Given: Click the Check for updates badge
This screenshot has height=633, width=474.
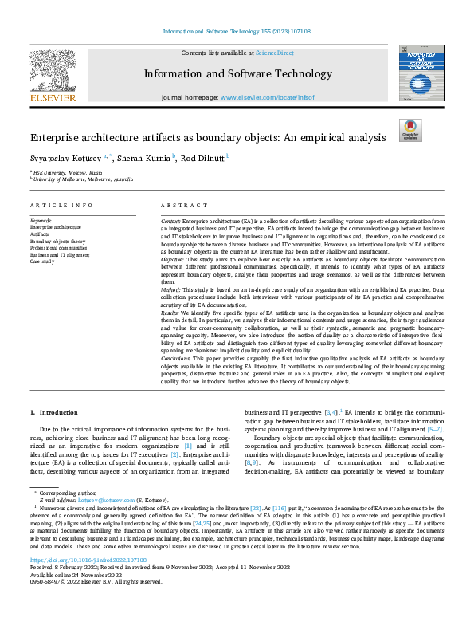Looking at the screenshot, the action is [409, 130].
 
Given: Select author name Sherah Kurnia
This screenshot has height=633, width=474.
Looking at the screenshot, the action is [144, 158].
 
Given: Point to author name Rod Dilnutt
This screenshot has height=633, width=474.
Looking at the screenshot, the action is [203, 158].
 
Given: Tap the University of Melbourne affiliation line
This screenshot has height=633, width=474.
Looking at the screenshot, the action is [84, 179].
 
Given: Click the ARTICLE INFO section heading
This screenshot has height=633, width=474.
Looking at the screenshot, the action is [61, 205].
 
